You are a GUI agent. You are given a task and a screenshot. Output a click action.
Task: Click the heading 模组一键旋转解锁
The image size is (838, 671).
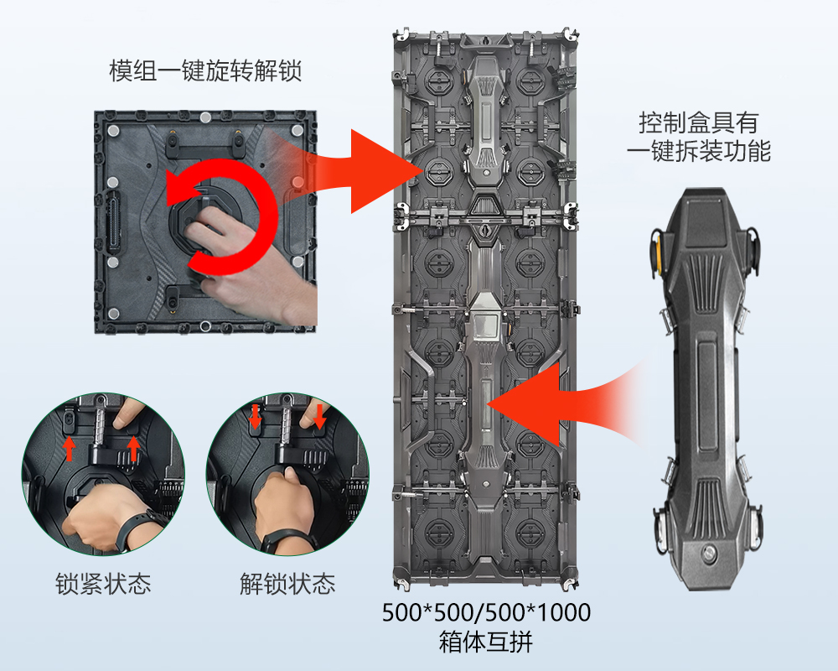(206, 71)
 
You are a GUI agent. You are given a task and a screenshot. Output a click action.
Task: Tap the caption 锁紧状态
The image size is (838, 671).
(103, 584)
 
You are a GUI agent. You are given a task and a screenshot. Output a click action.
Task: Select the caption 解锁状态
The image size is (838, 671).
(287, 584)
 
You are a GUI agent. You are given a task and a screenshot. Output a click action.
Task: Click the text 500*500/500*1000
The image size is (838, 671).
(486, 612)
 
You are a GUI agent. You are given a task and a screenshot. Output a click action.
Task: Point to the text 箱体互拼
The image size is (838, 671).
(486, 642)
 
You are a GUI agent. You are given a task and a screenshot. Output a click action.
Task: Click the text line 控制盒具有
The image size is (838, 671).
(699, 123)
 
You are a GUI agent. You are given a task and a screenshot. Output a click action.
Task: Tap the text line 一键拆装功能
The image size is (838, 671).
(699, 152)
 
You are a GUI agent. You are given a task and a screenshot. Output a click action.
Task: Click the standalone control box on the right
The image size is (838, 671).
(706, 389)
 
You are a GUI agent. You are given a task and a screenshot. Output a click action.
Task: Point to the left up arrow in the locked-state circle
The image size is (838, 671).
(69, 449)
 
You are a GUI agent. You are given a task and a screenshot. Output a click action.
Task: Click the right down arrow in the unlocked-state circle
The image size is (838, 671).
(320, 417)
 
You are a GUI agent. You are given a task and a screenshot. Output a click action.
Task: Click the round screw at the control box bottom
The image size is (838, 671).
(710, 552)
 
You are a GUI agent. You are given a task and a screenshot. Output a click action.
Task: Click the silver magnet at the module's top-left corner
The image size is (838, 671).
(113, 131)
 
